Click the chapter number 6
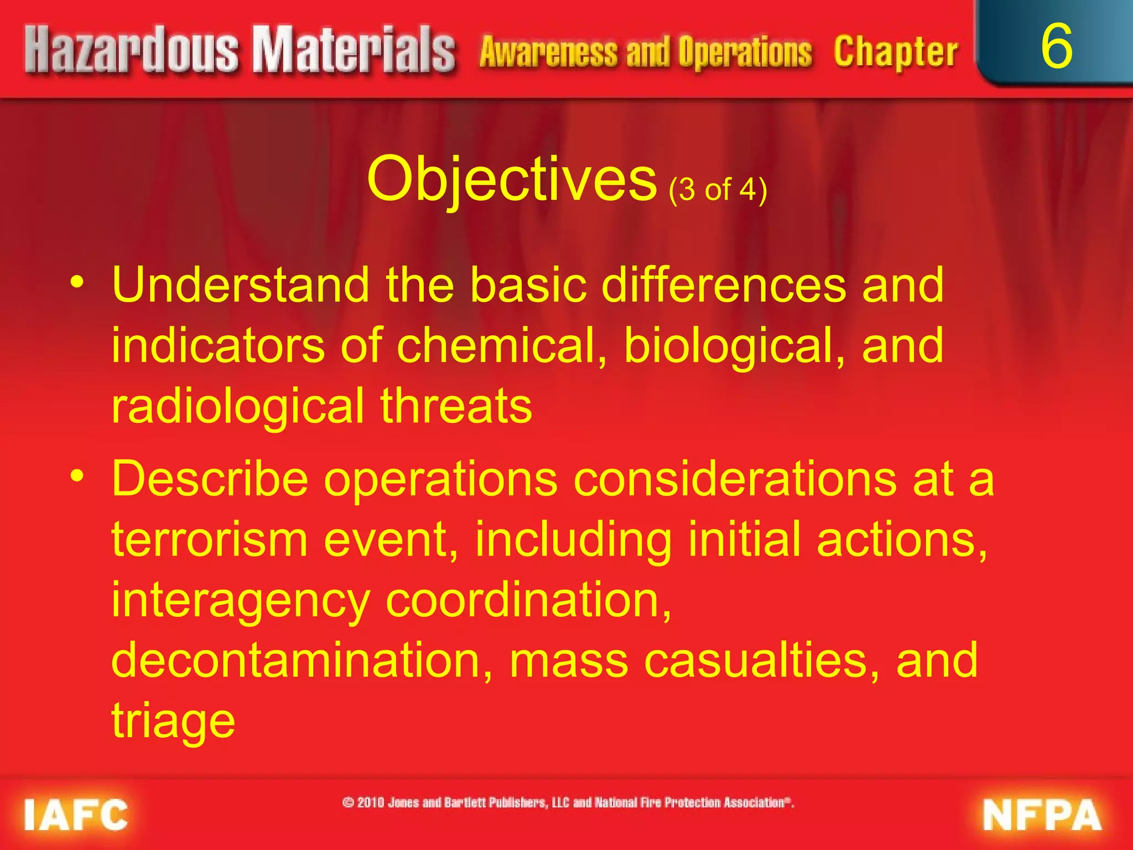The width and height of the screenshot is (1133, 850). click(x=1056, y=47)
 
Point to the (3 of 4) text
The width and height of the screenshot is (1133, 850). click(x=718, y=190)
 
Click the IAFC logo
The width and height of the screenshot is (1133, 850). click(x=76, y=815)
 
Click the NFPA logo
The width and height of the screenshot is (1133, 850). click(x=1042, y=815)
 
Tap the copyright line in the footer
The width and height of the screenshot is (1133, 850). click(x=568, y=802)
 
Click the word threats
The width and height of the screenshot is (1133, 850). click(x=456, y=406)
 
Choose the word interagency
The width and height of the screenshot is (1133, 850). click(x=241, y=602)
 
